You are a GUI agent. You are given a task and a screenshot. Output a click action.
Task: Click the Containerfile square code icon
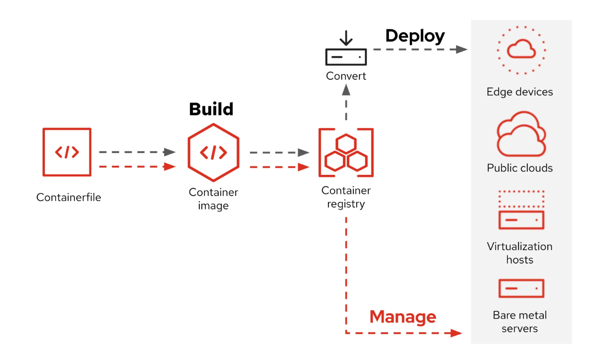pos(66,152)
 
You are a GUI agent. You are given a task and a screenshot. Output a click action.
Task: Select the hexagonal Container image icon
pos(213,152)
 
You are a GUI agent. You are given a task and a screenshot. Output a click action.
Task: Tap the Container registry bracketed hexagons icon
pos(346,152)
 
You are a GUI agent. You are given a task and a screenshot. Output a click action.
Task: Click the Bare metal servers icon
pos(521,288)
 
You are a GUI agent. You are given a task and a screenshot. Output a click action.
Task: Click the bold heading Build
pos(211,109)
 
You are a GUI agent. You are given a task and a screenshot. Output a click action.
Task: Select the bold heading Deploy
pos(415,36)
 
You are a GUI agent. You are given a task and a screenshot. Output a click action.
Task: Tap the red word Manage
pos(402,317)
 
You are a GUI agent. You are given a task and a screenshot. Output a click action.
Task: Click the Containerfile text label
pos(69,197)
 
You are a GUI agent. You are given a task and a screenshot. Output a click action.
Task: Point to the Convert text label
pos(346,76)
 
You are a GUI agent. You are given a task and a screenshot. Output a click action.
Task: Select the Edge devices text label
pos(519,92)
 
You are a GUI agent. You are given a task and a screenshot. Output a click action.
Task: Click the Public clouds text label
pos(519,168)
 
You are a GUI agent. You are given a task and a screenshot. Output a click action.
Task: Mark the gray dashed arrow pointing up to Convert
pos(346,102)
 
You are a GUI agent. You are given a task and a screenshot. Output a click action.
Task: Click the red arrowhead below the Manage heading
pos(456,333)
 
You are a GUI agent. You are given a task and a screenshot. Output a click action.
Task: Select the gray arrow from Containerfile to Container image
pos(137,152)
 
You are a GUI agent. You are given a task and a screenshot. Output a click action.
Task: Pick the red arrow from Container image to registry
pos(279,167)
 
